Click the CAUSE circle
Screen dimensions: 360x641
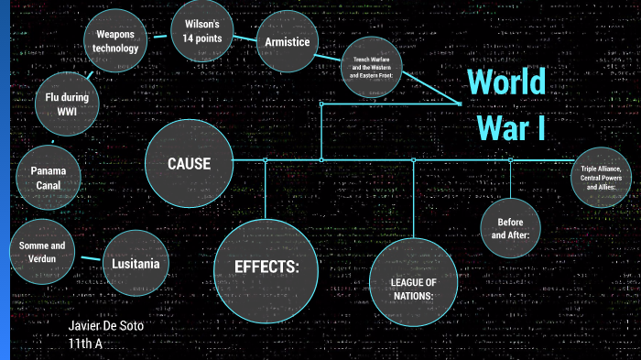click(x=190, y=164)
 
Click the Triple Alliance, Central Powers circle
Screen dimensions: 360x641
click(x=601, y=176)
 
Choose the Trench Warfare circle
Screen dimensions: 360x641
click(x=372, y=69)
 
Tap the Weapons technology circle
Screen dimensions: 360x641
click(x=116, y=41)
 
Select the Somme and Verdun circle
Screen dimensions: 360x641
click(x=42, y=252)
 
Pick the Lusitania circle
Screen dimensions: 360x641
click(x=136, y=264)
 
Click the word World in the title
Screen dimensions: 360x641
click(x=506, y=82)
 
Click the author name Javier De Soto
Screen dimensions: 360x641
click(x=106, y=326)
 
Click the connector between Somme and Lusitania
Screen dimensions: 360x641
click(x=90, y=258)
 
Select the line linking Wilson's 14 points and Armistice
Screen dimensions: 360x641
click(x=245, y=38)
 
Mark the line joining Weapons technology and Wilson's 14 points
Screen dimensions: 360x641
click(x=159, y=37)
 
